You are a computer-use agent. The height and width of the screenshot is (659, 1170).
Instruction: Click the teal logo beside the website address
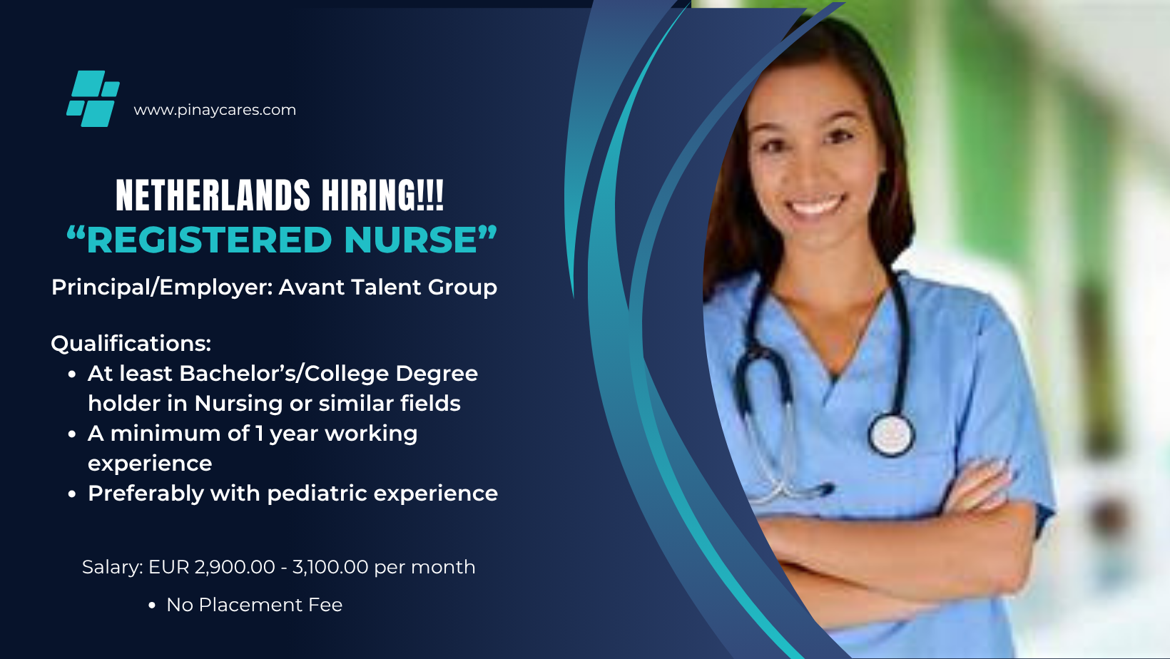pyautogui.click(x=93, y=98)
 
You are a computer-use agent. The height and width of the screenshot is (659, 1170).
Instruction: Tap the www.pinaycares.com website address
pyautogui.click(x=215, y=110)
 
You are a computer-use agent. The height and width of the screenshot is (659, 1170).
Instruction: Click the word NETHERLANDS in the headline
pyautogui.click(x=213, y=195)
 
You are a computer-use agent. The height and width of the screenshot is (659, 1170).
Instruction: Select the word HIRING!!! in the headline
pyautogui.click(x=382, y=195)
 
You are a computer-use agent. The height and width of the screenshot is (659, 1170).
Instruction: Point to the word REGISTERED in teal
pyautogui.click(x=209, y=240)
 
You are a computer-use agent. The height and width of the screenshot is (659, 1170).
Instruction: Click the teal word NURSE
pyautogui.click(x=410, y=240)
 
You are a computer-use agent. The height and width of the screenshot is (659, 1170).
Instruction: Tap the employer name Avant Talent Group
pyautogui.click(x=387, y=287)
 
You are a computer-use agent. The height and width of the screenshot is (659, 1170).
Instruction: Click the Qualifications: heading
pyautogui.click(x=131, y=344)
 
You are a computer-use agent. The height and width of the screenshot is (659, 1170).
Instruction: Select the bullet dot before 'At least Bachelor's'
pyautogui.click(x=72, y=374)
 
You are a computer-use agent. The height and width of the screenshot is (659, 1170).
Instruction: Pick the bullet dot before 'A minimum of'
pyautogui.click(x=72, y=434)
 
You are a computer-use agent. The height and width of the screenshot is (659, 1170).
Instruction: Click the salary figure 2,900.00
pyautogui.click(x=235, y=567)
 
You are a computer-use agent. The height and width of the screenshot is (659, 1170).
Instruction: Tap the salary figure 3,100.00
pyautogui.click(x=330, y=567)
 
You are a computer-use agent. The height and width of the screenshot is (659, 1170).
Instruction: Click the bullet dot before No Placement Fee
pyautogui.click(x=152, y=606)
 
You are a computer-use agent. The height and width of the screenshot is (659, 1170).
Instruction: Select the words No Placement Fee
pyautogui.click(x=255, y=605)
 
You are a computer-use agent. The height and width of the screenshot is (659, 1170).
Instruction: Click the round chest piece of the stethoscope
pyautogui.click(x=891, y=434)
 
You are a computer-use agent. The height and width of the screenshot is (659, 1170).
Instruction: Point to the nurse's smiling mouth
pyautogui.click(x=815, y=205)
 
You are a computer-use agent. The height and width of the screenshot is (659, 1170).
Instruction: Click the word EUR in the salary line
pyautogui.click(x=168, y=567)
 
